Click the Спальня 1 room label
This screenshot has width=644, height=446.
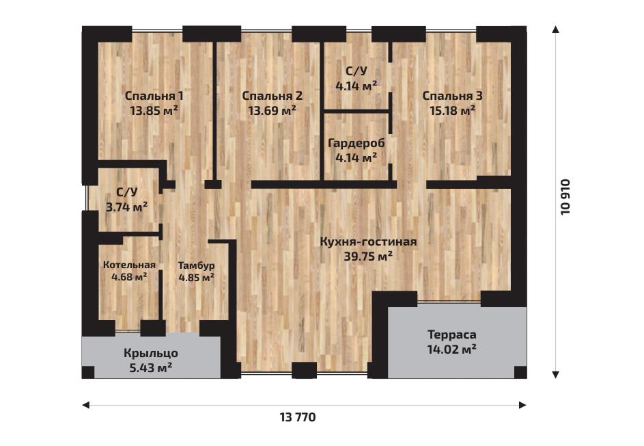(154, 96)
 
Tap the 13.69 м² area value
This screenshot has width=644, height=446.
(272, 111)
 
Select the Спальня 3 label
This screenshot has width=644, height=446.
(452, 96)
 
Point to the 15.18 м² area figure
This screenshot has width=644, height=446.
(452, 111)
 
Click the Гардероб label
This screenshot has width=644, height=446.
(356, 144)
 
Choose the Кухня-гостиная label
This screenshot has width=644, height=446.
(368, 241)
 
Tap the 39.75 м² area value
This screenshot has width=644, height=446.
(368, 257)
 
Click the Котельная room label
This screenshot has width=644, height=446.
(129, 265)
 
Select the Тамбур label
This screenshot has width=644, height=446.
(196, 265)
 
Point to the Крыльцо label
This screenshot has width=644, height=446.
(151, 354)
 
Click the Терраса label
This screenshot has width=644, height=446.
(452, 335)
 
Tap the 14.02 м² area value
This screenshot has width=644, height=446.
(452, 350)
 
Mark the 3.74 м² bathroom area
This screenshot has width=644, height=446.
(127, 207)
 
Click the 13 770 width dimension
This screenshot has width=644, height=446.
(298, 417)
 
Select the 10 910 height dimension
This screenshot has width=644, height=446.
(565, 197)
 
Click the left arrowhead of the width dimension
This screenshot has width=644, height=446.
(85, 405)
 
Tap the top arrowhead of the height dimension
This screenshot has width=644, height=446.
(556, 29)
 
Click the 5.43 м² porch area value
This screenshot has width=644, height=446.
(151, 368)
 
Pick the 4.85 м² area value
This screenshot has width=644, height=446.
(196, 278)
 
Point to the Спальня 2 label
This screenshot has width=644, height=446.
(272, 96)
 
